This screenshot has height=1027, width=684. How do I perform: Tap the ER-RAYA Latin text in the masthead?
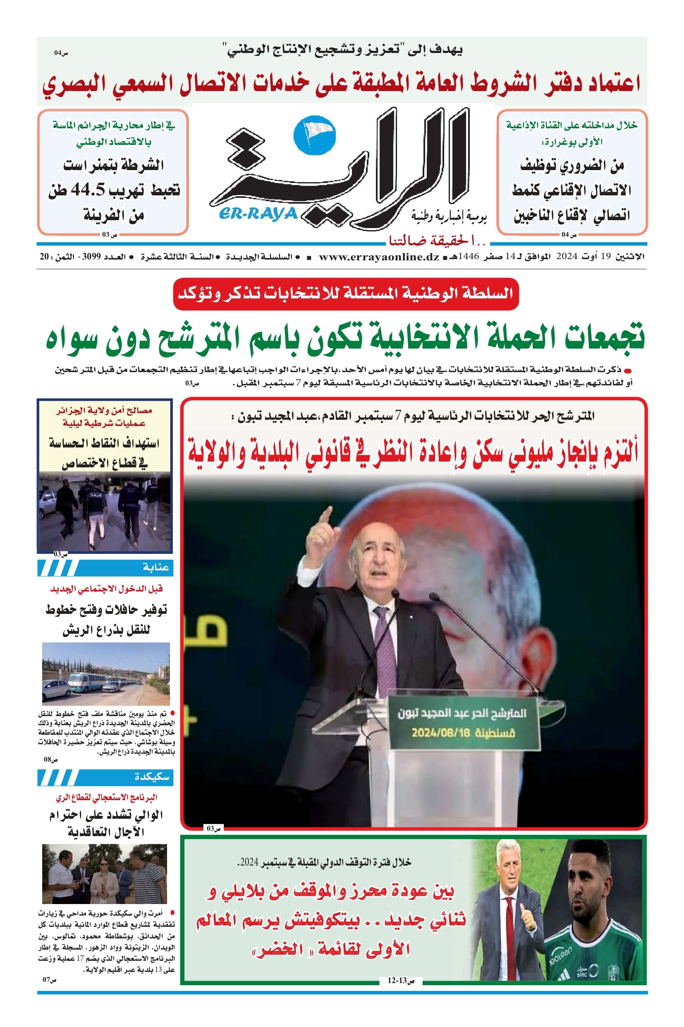coord(258,214)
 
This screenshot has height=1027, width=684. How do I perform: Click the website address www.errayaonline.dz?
coord(379,257)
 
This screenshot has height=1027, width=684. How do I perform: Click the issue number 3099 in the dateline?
coord(91,257)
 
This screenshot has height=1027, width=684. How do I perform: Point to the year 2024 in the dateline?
coord(567,257)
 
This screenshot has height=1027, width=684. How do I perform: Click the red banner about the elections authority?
coord(346,294)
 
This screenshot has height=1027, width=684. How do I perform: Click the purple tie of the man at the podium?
coord(384,642)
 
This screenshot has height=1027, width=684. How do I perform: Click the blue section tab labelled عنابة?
coord(105,568)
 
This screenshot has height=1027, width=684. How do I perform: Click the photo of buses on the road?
coord(105,673)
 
